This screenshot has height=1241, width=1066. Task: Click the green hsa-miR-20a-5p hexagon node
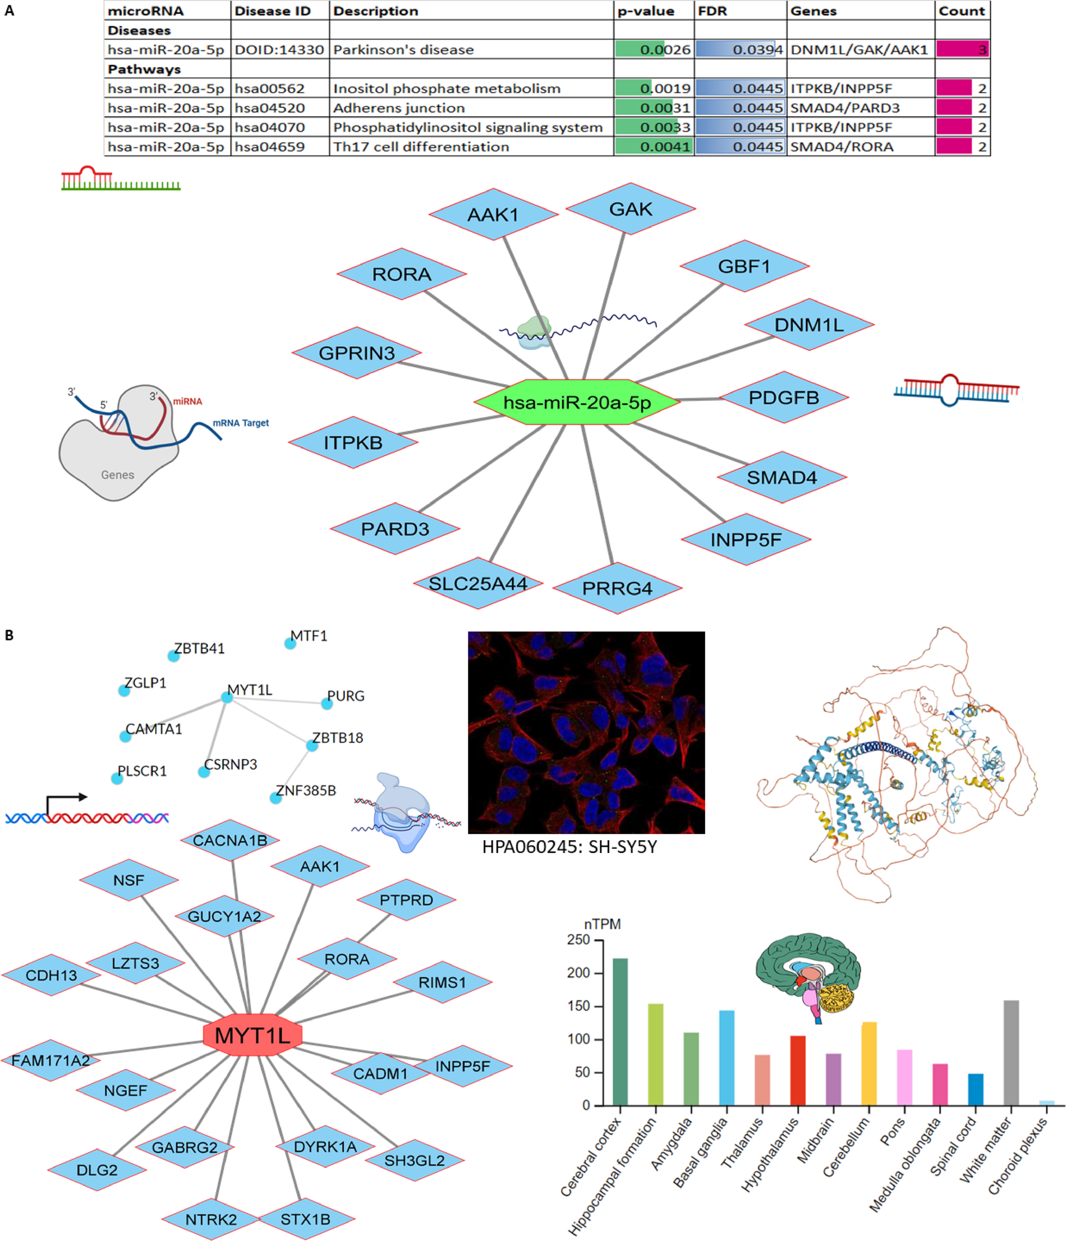577,402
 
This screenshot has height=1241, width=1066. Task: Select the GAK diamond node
630,209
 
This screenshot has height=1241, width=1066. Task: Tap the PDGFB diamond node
783,397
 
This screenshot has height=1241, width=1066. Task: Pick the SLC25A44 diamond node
478,583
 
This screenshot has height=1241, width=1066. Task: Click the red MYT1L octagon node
252,1035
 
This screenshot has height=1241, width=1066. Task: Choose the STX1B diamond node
305,1219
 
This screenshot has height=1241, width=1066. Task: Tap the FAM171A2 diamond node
51,1061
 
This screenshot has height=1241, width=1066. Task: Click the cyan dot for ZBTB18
312,746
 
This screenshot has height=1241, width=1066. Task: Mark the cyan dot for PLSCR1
117,778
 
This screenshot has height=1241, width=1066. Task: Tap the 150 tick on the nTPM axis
578,1006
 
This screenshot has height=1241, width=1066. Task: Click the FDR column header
713,11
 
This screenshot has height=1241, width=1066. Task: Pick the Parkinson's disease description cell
403,50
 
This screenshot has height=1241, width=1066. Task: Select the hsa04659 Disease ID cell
270,147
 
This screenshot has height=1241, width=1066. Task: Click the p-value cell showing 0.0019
653,89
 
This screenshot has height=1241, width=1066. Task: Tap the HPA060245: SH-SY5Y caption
569,847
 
